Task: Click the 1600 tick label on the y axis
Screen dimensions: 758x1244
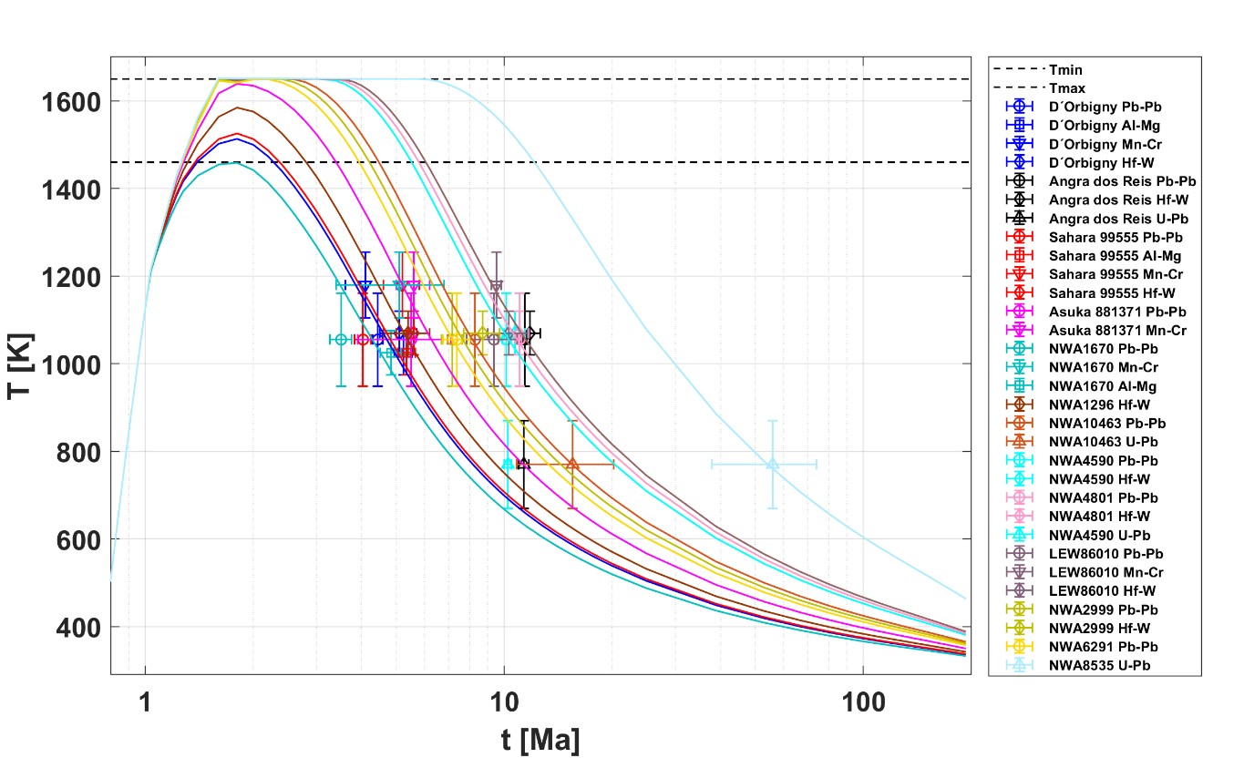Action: (x=71, y=101)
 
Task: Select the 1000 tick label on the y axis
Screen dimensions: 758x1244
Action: (x=71, y=364)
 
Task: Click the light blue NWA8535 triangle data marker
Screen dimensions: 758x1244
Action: (x=772, y=464)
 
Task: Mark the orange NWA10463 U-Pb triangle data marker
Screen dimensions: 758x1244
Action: (x=572, y=464)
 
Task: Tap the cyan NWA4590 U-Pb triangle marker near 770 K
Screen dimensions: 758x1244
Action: (x=508, y=464)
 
